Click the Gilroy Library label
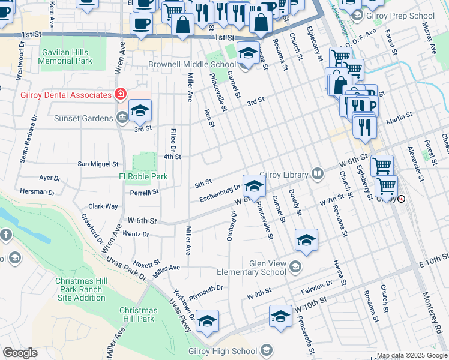point(285,174)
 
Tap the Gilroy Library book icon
point(317,175)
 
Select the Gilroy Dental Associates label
point(58,95)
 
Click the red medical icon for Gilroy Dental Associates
point(121,95)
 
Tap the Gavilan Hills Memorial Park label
point(66,56)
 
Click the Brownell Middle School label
point(192,64)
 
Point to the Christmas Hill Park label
point(138,314)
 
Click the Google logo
point(19,352)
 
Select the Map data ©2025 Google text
point(412,355)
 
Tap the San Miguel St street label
point(98,163)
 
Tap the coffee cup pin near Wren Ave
point(140,25)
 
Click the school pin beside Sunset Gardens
point(140,111)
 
